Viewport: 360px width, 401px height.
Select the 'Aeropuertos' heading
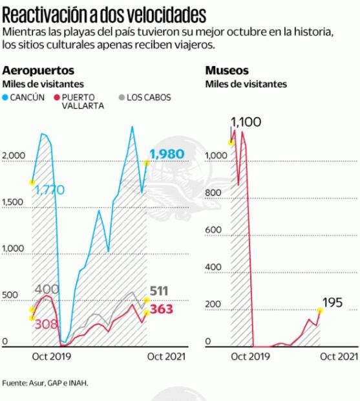38,70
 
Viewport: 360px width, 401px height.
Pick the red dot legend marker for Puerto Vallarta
56,97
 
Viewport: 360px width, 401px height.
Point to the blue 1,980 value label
167,154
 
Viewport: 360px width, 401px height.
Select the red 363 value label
162,310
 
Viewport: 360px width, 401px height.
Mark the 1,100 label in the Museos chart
248,120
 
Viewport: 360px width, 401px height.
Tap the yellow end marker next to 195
319,310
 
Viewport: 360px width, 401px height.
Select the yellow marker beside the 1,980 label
147,163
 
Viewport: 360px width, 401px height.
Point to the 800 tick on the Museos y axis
212,193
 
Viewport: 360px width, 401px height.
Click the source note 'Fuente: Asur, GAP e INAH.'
45,382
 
